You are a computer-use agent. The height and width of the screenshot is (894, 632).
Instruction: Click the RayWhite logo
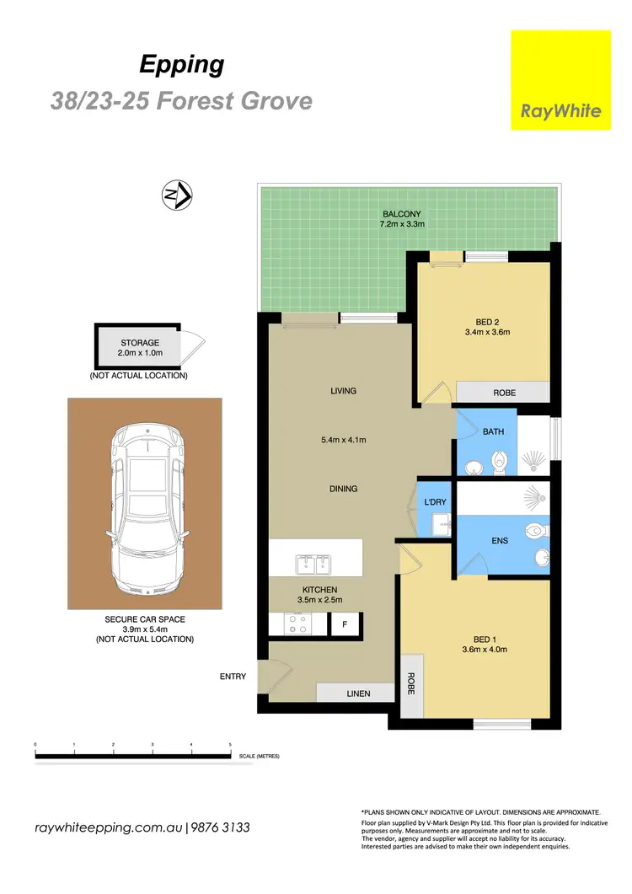pos(560,80)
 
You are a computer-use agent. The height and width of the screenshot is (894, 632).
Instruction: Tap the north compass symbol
pos(177,195)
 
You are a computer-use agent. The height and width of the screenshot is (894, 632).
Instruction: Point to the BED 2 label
pos(484,320)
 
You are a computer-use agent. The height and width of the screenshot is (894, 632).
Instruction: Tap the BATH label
pos(493,431)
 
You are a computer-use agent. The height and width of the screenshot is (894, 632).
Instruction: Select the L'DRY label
pos(436,503)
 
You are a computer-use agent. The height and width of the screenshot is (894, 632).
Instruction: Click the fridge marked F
pos(344,624)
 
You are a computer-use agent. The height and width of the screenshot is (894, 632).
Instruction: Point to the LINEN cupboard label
pos(356,693)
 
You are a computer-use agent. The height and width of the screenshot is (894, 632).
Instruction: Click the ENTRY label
pos(232,676)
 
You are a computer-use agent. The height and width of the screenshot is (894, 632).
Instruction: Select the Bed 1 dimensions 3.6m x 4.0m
pos(484,649)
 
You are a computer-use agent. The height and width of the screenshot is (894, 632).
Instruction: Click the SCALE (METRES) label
pos(259,756)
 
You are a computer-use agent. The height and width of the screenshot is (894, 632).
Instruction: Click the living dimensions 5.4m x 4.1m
pos(344,439)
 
